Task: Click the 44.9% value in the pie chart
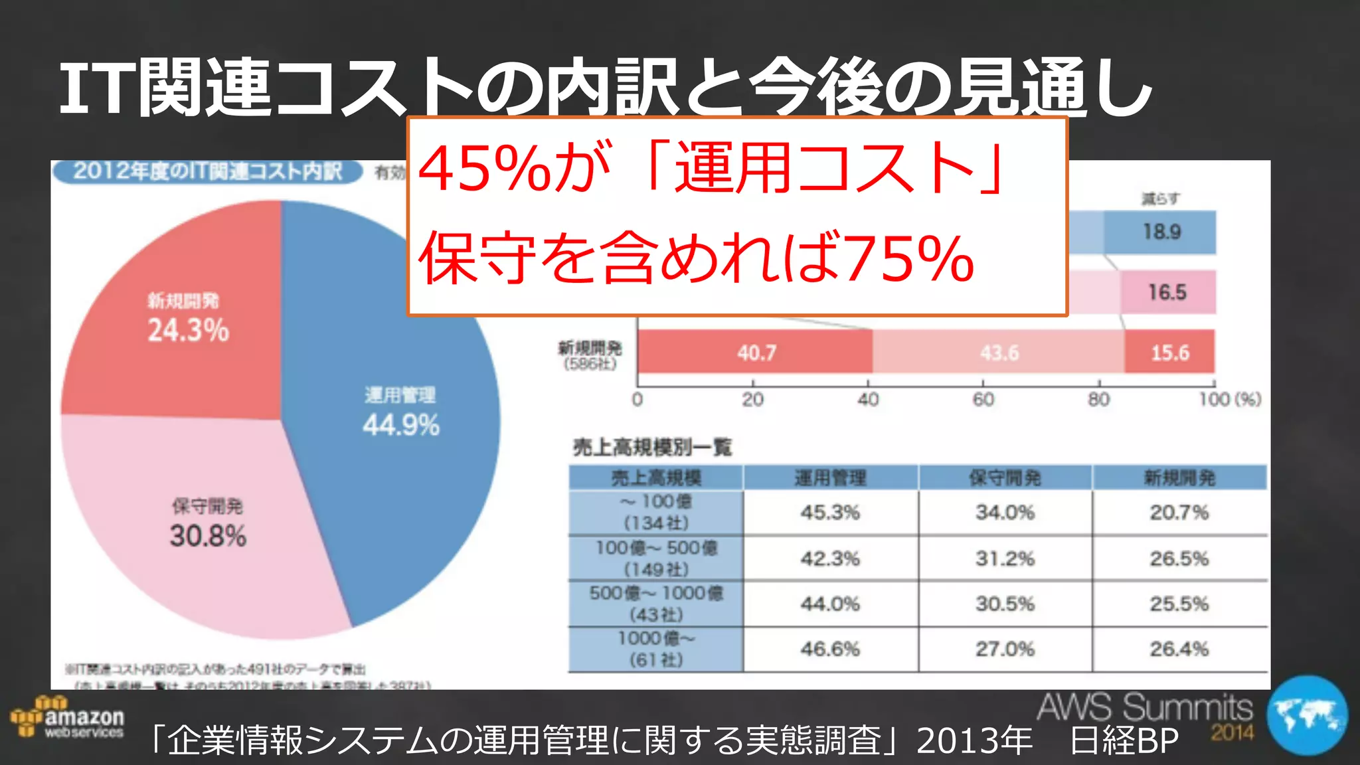pos(401,425)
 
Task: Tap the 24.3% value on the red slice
pos(188,330)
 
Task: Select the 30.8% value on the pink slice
pos(208,536)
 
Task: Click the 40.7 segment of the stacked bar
pos(756,352)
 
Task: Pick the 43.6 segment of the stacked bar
pos(999,352)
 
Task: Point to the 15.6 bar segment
pos(1170,352)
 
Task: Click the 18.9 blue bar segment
pos(1161,232)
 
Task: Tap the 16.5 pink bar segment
pos(1167,292)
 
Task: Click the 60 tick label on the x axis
pos(983,400)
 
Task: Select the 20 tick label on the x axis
pos(752,400)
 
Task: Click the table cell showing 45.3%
pos(830,513)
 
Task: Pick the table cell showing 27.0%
pos(1005,649)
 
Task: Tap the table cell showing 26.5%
pos(1179,558)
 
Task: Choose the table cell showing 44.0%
pos(830,604)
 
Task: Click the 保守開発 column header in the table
pos(1005,478)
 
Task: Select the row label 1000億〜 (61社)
pos(656,649)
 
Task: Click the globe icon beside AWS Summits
pos(1307,716)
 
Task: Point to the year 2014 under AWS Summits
pos(1232,733)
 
